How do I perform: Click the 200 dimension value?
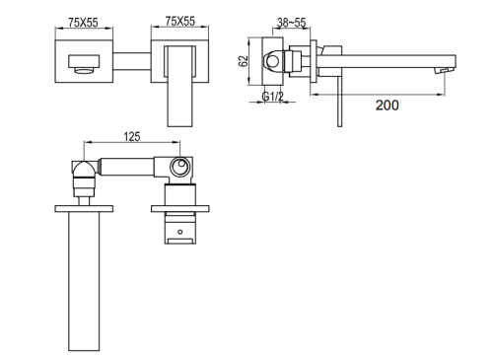387,106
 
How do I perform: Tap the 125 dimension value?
132,136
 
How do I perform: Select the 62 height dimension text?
244,61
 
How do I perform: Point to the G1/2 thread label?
272,97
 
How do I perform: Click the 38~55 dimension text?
291,23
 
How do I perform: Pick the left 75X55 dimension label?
83,23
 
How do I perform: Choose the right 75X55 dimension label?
180,21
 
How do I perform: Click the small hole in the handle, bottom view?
179,232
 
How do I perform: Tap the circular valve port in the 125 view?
179,167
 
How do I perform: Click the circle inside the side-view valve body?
273,61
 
